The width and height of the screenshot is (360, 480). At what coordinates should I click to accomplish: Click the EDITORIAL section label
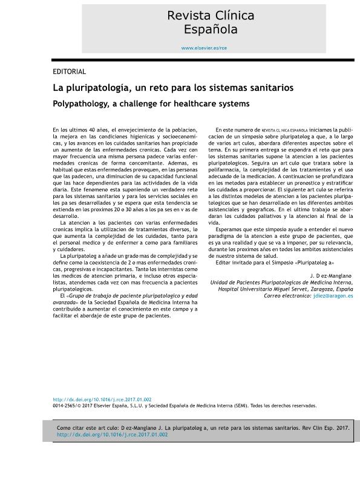click(x=69, y=71)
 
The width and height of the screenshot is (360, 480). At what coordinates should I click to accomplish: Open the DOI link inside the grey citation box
click(x=112, y=435)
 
